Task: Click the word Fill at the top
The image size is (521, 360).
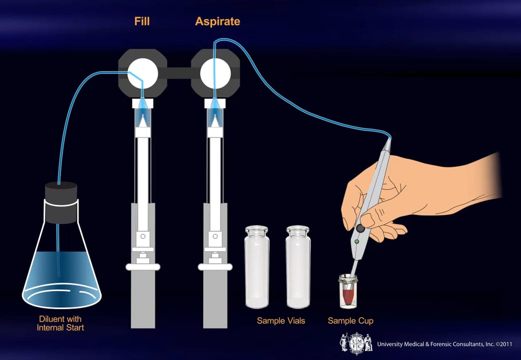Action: (x=142, y=21)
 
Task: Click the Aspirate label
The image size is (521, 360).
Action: (x=217, y=21)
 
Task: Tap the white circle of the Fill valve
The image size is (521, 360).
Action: (x=143, y=73)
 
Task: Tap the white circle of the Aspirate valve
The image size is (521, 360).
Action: (x=215, y=73)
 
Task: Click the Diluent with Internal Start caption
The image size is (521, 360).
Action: (x=60, y=323)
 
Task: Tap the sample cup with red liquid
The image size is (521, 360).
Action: (x=348, y=292)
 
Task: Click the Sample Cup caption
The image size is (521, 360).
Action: (x=350, y=320)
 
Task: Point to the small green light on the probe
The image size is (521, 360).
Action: (x=356, y=242)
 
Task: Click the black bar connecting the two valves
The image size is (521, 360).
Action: (x=179, y=73)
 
